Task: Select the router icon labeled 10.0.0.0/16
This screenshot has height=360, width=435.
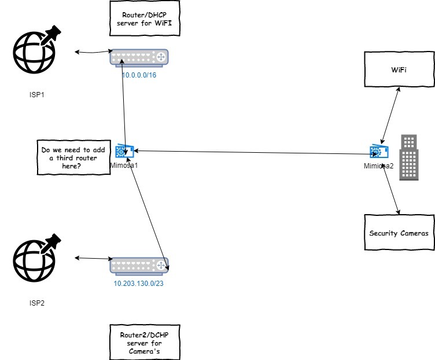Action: [139, 57]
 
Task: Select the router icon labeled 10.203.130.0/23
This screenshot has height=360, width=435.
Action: [139, 266]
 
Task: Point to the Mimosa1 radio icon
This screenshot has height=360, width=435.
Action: [125, 152]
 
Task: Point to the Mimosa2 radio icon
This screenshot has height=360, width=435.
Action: [379, 152]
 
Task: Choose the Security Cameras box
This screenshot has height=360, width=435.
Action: [399, 233]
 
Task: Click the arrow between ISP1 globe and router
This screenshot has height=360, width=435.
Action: [93, 53]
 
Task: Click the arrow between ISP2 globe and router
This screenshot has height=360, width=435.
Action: [93, 258]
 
